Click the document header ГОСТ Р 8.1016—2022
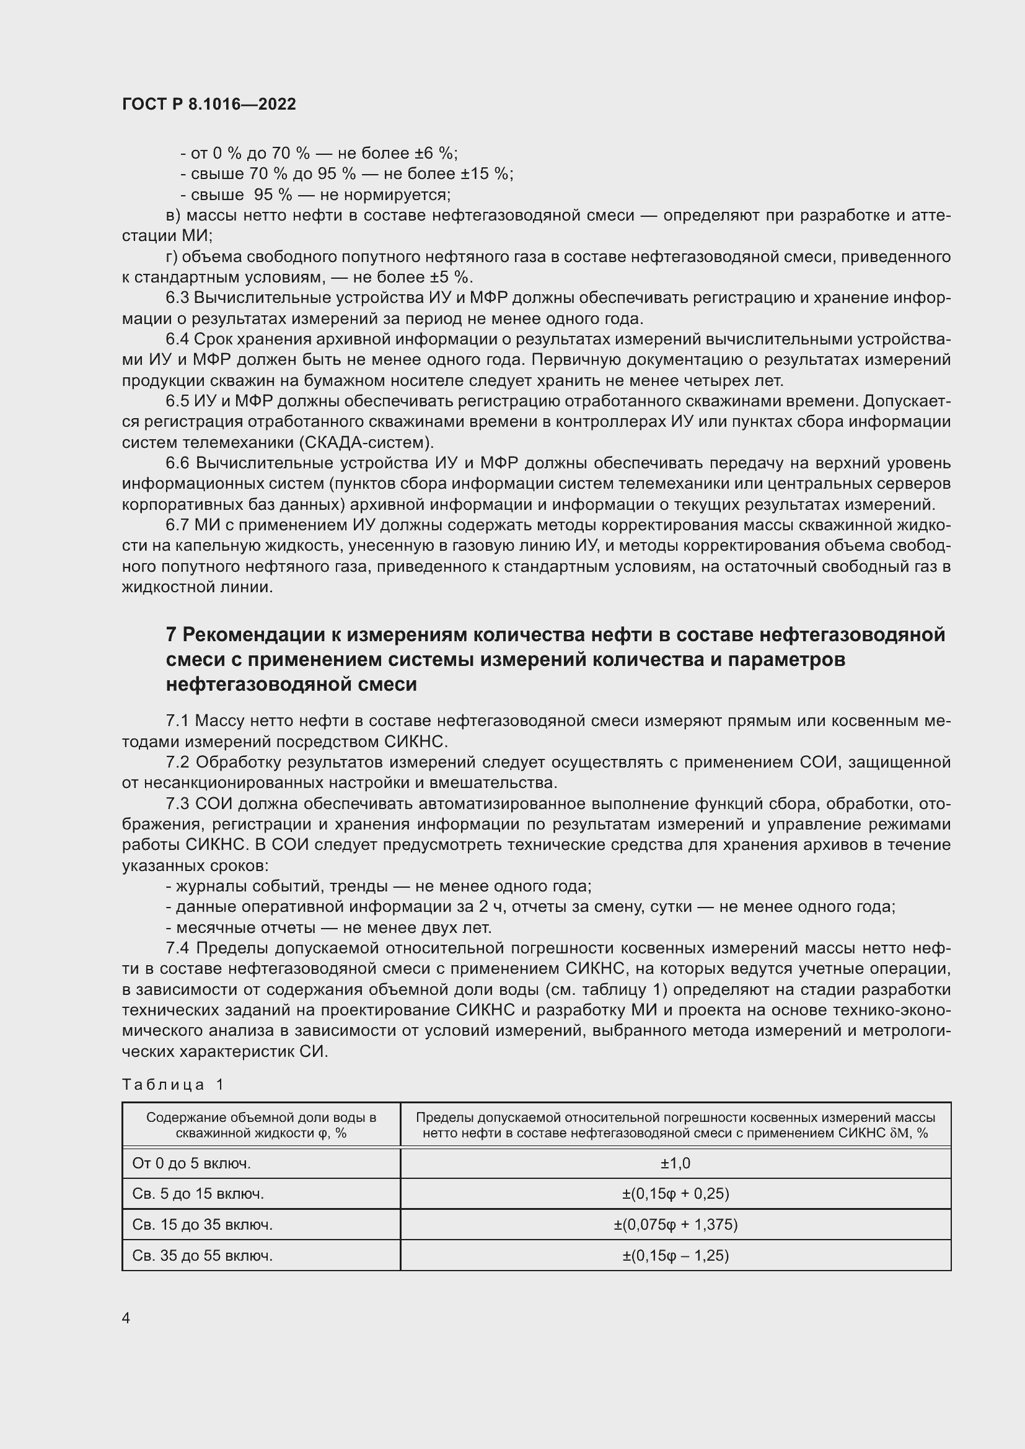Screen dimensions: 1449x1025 (x=209, y=104)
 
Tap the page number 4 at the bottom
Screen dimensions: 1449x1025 (x=126, y=1318)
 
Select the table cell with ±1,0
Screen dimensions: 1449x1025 (x=675, y=1163)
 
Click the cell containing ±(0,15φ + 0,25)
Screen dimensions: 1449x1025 (x=675, y=1193)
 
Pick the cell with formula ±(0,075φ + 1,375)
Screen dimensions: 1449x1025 (x=675, y=1224)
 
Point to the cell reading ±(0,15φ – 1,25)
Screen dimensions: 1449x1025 (x=675, y=1255)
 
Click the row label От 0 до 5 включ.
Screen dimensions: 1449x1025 (x=192, y=1163)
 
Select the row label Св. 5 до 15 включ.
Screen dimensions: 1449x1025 (x=198, y=1193)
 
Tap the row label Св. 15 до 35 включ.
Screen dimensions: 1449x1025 (x=203, y=1224)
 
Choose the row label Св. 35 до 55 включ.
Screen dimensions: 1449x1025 (x=203, y=1255)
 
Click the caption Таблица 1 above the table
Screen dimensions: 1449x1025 (x=173, y=1084)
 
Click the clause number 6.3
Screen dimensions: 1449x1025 (x=177, y=298)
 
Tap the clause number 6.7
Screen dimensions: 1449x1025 (x=177, y=525)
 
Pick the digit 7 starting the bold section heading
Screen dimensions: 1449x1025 (x=171, y=634)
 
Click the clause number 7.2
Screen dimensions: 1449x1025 (x=177, y=763)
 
